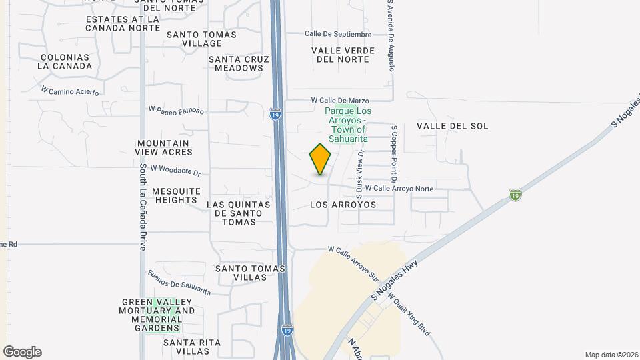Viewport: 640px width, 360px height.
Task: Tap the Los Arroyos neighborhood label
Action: click(x=343, y=205)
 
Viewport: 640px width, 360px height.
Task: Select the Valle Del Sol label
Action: click(x=452, y=126)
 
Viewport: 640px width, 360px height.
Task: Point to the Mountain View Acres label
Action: click(x=163, y=147)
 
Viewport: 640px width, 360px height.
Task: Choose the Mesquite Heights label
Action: click(x=176, y=195)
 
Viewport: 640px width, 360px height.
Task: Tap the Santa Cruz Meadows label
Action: click(x=239, y=63)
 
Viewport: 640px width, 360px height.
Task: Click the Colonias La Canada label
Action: click(x=65, y=61)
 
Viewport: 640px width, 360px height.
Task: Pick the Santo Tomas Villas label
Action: click(x=250, y=273)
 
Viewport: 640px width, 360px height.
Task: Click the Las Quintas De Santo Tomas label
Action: click(x=239, y=213)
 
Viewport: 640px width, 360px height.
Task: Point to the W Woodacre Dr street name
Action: click(x=175, y=171)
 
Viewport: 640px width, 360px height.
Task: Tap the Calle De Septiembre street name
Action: click(x=337, y=34)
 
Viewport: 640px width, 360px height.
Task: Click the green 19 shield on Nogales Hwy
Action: click(x=515, y=195)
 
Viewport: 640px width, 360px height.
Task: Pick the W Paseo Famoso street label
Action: click(x=175, y=109)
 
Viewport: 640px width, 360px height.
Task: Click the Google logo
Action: click(x=22, y=352)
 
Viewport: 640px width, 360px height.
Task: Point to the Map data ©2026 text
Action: click(x=610, y=355)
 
